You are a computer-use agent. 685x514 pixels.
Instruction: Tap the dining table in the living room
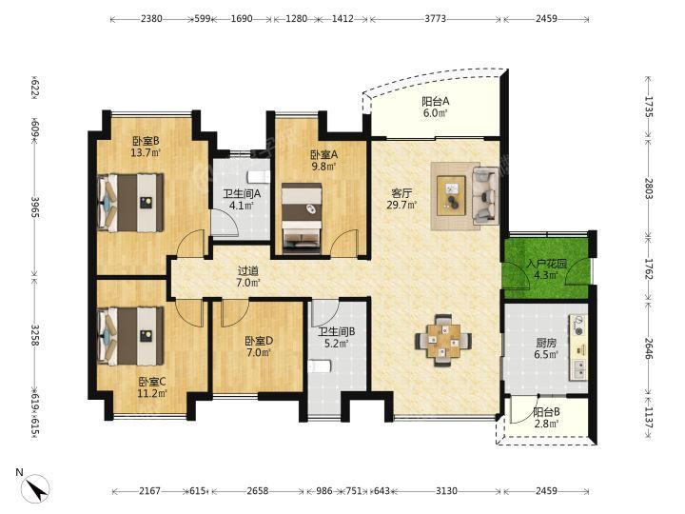[x=443, y=339]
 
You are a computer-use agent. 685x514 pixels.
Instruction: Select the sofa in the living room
[x=485, y=195]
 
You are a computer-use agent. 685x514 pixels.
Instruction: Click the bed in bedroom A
[x=302, y=218]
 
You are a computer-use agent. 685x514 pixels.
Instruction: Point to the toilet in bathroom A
[x=259, y=177]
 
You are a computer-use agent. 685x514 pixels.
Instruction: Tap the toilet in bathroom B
[x=319, y=366]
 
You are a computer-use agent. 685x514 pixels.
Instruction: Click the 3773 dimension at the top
[x=436, y=18]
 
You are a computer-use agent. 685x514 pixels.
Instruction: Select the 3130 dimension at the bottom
[x=446, y=491]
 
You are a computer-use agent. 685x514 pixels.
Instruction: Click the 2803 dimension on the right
[x=648, y=188]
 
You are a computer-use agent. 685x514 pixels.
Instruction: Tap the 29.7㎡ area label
[x=401, y=204]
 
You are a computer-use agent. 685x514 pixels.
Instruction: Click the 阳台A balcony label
[x=435, y=102]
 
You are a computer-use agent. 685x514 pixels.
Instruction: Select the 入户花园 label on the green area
[x=546, y=264]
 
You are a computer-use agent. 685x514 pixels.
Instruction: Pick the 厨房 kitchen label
[x=546, y=343]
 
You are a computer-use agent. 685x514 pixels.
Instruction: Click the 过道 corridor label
[x=247, y=271]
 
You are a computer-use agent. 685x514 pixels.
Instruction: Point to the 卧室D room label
[x=259, y=340]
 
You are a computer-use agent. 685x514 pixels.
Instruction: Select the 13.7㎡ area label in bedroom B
[x=146, y=152]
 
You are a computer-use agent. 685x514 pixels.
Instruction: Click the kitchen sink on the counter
[x=579, y=369]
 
